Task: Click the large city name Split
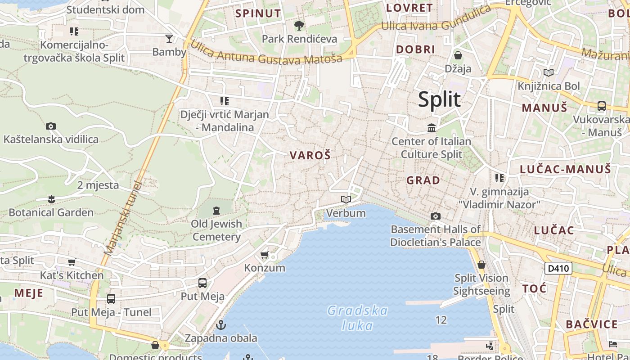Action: coord(439,99)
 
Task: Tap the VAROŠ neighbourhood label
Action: coord(310,156)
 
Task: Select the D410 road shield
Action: coord(558,269)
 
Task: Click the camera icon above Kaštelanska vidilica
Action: coord(51,126)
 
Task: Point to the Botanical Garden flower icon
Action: coord(51,199)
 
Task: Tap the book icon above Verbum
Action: coord(346,199)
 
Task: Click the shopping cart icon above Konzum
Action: coord(265,255)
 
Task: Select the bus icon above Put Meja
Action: coord(202,283)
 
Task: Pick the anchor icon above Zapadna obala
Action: coord(221,324)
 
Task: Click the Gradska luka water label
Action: coord(358,318)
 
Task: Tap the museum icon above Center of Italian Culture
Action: coord(432,128)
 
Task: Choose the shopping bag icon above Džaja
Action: coord(458,55)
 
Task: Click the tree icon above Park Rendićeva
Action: coord(299,25)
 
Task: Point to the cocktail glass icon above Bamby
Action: coord(169,39)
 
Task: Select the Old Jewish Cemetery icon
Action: coord(216,210)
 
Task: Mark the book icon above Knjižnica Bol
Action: coord(549,72)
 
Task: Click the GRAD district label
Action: coord(423,180)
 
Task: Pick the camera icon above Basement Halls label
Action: coord(435,216)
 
